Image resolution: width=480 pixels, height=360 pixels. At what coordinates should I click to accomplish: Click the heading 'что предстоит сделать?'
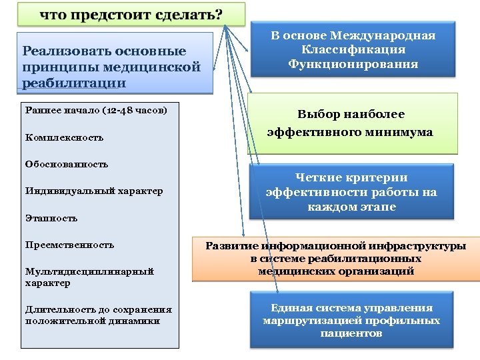[x=131, y=15]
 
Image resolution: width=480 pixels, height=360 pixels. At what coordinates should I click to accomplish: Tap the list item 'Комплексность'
[x=64, y=137]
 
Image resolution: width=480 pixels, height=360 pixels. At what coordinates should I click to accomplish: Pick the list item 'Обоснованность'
[x=66, y=164]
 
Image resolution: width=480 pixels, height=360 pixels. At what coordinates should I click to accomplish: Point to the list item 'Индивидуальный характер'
[x=93, y=191]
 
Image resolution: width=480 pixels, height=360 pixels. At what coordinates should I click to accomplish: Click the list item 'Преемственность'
[x=69, y=245]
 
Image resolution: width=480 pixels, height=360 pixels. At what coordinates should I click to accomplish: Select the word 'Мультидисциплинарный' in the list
[x=89, y=271]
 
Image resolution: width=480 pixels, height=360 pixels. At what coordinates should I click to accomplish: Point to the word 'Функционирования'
[x=353, y=64]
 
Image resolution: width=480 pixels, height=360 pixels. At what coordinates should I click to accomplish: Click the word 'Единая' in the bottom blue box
[x=290, y=308]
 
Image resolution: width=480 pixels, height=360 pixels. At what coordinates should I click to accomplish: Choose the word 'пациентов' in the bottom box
[x=351, y=333]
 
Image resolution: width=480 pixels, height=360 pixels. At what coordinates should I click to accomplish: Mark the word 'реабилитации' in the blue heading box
[x=73, y=82]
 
